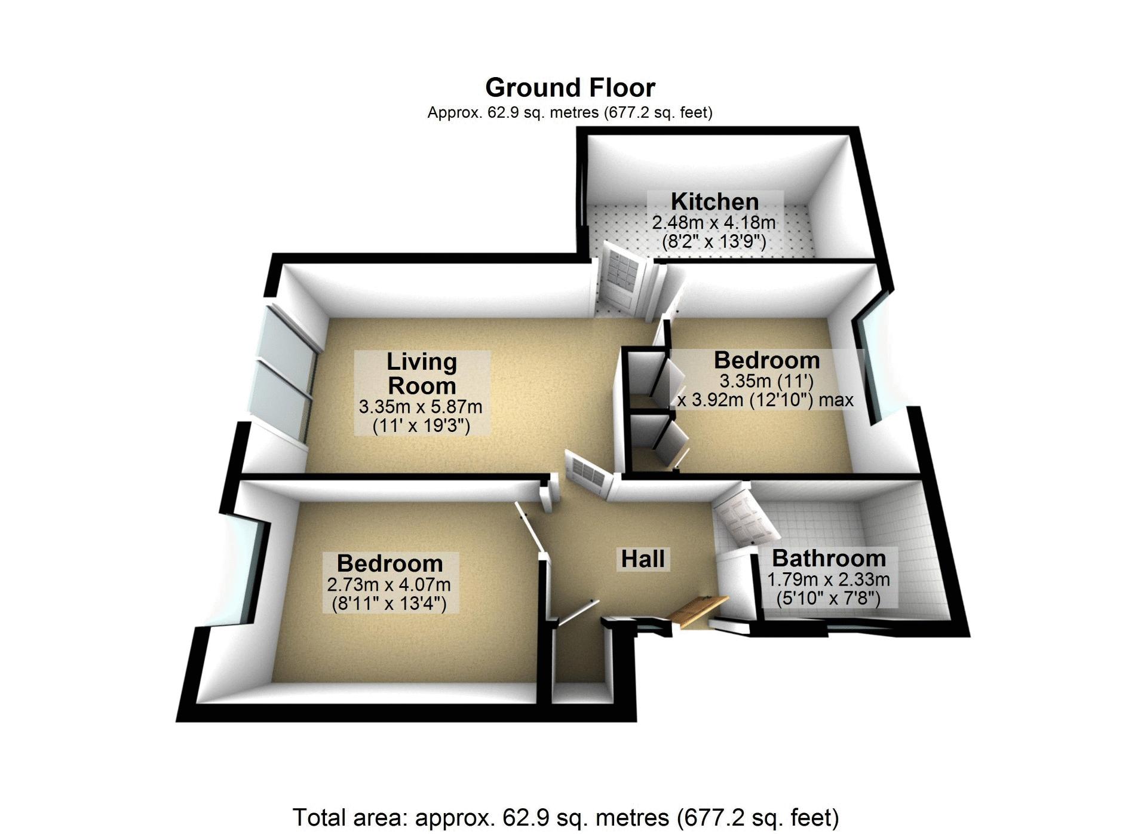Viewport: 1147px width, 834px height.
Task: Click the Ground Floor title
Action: (x=570, y=88)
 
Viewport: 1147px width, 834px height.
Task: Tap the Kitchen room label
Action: (x=714, y=202)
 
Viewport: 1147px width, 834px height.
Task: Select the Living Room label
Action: (x=422, y=373)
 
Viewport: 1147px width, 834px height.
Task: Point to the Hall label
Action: (x=643, y=559)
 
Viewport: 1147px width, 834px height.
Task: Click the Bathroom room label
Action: (x=829, y=559)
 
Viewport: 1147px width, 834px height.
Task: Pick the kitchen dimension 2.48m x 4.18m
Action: (x=714, y=223)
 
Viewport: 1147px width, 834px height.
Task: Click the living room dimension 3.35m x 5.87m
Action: (x=421, y=407)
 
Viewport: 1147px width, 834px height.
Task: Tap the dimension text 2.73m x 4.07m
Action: (x=389, y=584)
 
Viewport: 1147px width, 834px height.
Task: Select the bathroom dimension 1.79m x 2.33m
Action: (x=829, y=579)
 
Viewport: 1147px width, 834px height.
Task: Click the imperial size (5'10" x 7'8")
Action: (x=829, y=598)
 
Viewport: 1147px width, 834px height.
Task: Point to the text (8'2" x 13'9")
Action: (x=714, y=242)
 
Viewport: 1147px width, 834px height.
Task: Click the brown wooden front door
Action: (x=698, y=611)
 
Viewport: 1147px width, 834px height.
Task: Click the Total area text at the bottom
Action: (x=566, y=817)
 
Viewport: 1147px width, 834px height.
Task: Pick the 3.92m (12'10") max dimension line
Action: (x=765, y=400)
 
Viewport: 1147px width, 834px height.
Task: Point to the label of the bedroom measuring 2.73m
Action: (x=390, y=563)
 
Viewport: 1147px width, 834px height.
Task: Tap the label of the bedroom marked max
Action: (x=767, y=360)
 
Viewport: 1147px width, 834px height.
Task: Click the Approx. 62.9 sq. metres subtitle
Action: (x=570, y=112)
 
